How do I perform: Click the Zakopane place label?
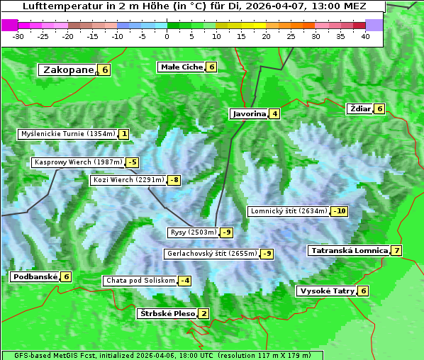pos(68,69)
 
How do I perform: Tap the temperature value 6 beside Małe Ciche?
pos(211,67)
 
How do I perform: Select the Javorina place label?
pos(249,113)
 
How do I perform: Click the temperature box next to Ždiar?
pos(380,108)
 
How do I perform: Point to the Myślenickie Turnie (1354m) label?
pos(67,134)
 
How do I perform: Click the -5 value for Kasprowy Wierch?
pos(132,162)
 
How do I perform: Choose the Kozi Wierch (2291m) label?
pos(128,180)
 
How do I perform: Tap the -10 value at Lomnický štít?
pos(340,211)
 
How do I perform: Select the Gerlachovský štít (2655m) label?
pos(211,254)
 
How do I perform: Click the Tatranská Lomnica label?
pos(349,250)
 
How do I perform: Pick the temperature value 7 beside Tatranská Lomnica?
pos(396,250)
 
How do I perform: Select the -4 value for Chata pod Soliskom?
pos(184,281)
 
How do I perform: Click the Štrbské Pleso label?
pos(167,313)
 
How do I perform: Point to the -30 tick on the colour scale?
pos(18,36)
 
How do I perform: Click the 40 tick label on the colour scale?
pos(365,36)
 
